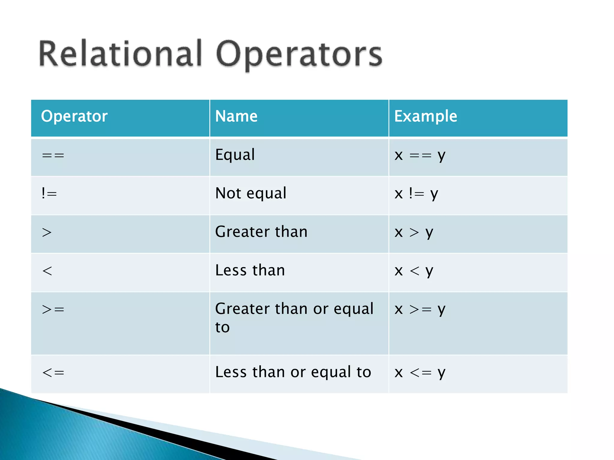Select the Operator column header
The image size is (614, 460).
click(x=74, y=116)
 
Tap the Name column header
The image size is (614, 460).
click(x=236, y=116)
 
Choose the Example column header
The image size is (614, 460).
click(x=425, y=116)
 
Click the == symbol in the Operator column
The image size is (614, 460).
click(x=53, y=155)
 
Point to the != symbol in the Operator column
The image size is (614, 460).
click(x=49, y=193)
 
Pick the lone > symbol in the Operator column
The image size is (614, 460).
click(x=47, y=232)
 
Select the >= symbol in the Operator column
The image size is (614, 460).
click(x=53, y=309)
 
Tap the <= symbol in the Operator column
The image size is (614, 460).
click(x=53, y=373)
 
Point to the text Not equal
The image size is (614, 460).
click(x=251, y=193)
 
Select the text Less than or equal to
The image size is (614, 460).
click(x=293, y=372)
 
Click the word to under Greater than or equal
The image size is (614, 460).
click(x=222, y=327)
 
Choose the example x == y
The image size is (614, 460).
click(x=420, y=155)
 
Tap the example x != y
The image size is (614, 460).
click(x=416, y=194)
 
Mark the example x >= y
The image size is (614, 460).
click(x=420, y=309)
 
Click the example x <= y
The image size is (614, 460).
click(x=420, y=373)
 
